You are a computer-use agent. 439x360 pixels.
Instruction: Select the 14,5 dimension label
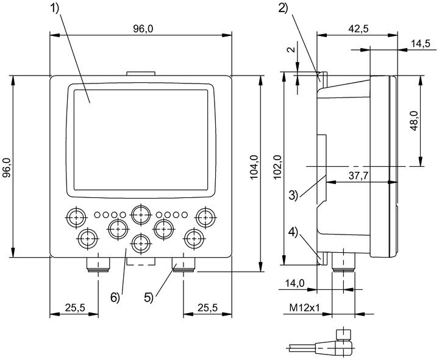point(421,44)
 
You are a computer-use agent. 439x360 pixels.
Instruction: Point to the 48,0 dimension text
point(413,121)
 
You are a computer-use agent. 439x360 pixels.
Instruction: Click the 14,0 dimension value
point(294,283)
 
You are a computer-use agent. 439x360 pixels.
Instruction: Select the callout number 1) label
point(55,9)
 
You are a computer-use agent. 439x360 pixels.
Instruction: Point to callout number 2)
point(284,8)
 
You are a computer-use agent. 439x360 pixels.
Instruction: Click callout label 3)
point(293,195)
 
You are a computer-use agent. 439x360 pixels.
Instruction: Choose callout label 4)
point(293,233)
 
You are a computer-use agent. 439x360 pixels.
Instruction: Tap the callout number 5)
point(149,297)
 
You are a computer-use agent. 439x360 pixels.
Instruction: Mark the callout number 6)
point(115,297)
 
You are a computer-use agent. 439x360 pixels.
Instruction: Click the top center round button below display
point(141,215)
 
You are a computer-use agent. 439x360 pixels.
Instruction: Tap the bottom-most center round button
point(141,243)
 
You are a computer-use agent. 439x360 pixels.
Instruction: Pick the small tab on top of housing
point(141,74)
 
